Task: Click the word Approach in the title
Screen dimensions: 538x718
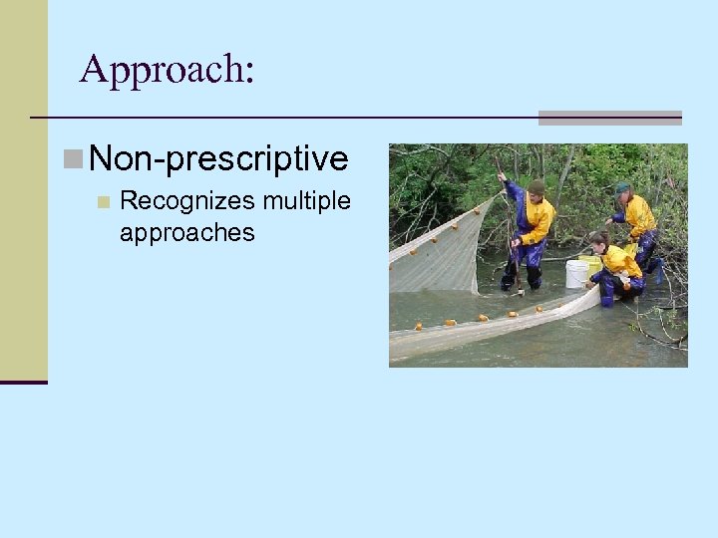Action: click(x=160, y=69)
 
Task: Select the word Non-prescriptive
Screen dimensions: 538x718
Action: click(x=218, y=159)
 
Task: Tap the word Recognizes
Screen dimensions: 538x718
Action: click(x=187, y=201)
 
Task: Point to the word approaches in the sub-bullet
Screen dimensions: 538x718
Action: click(x=186, y=233)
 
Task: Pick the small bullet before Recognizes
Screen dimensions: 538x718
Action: click(x=103, y=202)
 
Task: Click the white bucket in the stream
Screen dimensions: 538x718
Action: click(x=576, y=274)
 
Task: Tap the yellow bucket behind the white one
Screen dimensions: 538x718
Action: click(x=590, y=264)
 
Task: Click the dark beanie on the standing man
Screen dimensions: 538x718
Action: click(x=537, y=186)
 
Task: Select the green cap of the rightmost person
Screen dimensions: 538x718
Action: click(x=622, y=187)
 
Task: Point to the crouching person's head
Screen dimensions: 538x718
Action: click(x=598, y=241)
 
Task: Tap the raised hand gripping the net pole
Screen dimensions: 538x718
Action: click(x=503, y=177)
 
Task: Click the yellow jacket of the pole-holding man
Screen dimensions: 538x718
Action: click(x=538, y=219)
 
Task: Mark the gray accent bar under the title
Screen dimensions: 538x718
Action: click(x=609, y=118)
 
